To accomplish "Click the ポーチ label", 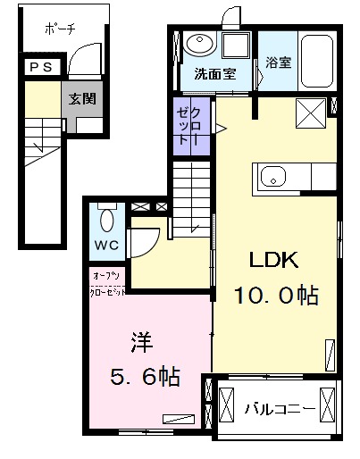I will [60, 29].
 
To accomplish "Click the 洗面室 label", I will [215, 74].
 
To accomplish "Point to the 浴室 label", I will [278, 63].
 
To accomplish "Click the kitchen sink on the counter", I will [272, 175].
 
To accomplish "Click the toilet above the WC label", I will [106, 219].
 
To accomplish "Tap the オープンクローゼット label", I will [106, 282].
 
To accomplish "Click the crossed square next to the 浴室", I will [310, 113].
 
